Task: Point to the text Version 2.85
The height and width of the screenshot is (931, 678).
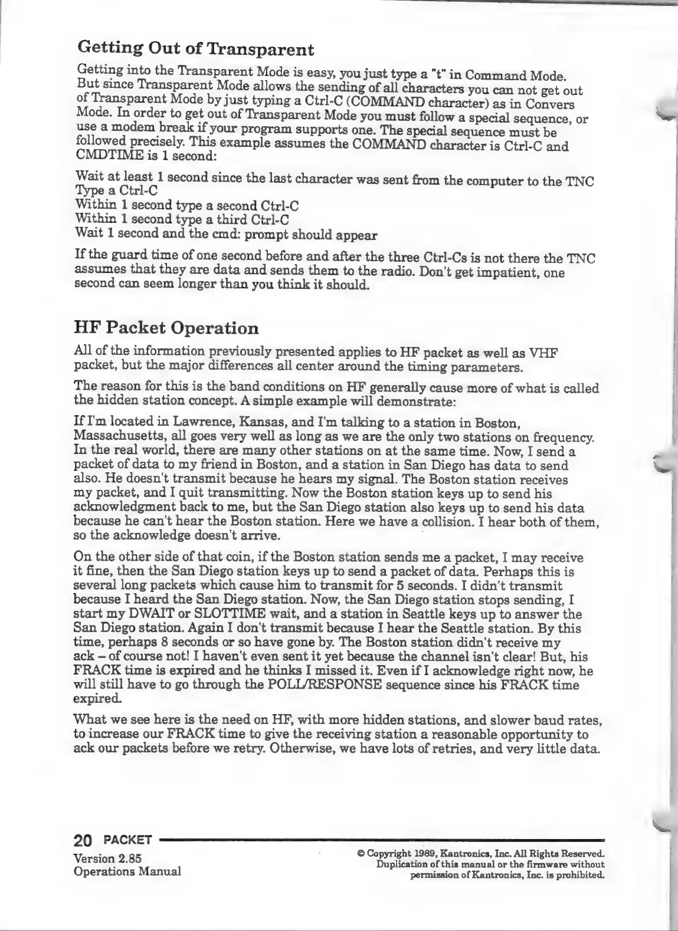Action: coord(107,858)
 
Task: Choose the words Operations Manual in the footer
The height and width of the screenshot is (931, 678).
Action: coord(127,871)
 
